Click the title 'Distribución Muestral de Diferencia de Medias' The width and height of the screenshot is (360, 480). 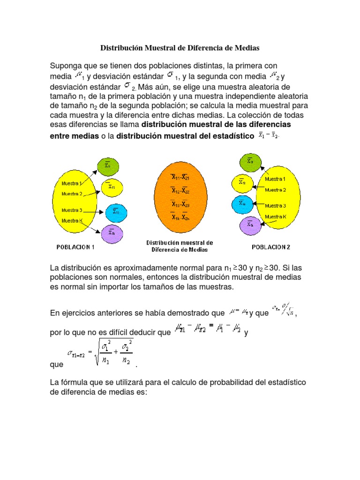click(x=180, y=48)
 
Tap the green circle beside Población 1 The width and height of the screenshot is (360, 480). click(x=108, y=165)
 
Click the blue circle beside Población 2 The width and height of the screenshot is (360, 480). click(x=242, y=203)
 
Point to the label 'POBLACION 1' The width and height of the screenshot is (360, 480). click(x=76, y=247)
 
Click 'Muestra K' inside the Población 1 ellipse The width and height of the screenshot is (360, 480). click(x=72, y=221)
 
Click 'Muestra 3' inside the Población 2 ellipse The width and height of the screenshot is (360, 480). click(x=275, y=206)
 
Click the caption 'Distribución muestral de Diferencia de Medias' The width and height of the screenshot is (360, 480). click(x=180, y=246)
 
